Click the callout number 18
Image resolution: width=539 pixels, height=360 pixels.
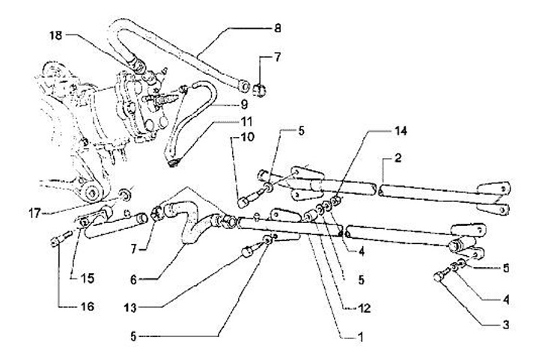tap(57, 35)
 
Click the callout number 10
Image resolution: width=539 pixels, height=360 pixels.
tap(248, 137)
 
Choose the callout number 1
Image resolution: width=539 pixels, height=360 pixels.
tap(361, 338)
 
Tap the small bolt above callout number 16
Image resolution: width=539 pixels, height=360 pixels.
tap(61, 240)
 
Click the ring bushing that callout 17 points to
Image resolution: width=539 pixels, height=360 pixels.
tap(126, 195)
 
